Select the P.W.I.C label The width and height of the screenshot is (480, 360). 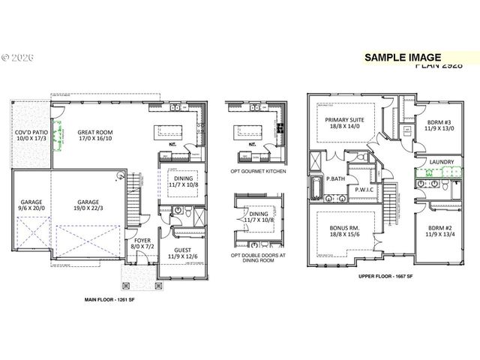coord(364,189)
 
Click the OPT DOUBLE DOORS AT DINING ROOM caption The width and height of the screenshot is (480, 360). coord(257,262)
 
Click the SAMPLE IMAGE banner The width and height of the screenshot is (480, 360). coord(402,57)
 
